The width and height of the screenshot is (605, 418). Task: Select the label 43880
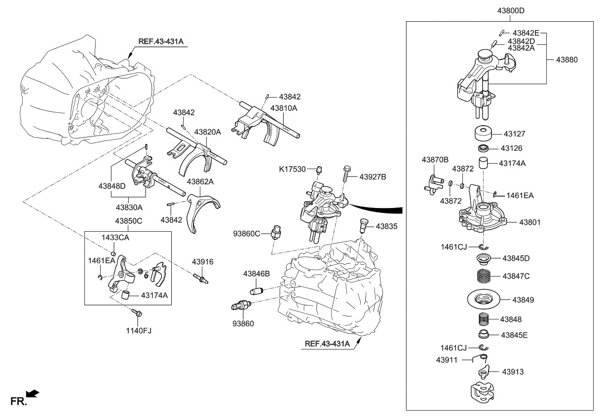[x=567, y=59]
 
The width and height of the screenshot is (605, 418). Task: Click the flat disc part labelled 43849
[x=484, y=299]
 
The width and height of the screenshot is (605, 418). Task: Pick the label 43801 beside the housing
[x=530, y=222]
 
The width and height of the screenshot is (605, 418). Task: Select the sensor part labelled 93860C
[x=277, y=231]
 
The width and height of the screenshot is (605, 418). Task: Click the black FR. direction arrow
[x=32, y=393]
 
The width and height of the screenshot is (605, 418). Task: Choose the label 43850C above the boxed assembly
[x=129, y=221]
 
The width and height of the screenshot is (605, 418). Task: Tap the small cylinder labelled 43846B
[x=257, y=290]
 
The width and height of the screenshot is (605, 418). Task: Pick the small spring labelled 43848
[x=484, y=319]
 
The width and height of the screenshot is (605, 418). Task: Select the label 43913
[x=513, y=371]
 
